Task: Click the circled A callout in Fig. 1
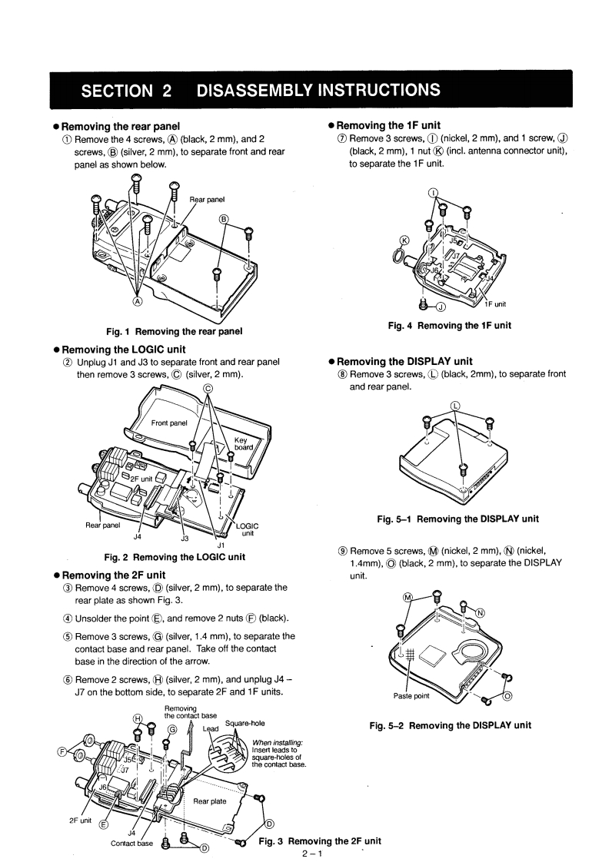coord(138,302)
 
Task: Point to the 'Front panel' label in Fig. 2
coord(170,423)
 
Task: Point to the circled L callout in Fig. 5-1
coord(455,405)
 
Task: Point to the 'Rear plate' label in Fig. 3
coord(209,800)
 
